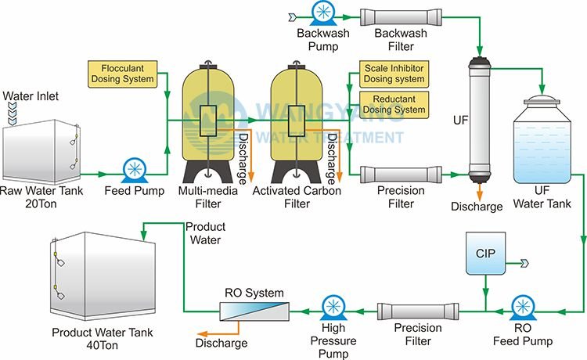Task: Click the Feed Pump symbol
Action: point(135,171)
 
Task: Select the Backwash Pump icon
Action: point(322,13)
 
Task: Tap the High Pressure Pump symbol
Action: point(333,308)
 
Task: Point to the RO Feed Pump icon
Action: point(523,308)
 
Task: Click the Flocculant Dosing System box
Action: point(122,74)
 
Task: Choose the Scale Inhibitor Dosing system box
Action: point(394,74)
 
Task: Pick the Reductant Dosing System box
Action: point(394,105)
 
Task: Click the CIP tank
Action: point(485,254)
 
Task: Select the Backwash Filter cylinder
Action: point(401,17)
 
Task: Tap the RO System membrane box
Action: point(254,311)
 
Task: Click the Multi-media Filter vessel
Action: point(208,124)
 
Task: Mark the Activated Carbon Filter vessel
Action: point(297,124)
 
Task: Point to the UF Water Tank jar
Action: point(542,139)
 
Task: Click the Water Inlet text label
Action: point(31,96)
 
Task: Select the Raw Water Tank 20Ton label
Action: point(41,197)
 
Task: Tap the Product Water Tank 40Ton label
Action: point(103,338)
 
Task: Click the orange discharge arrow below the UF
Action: point(480,190)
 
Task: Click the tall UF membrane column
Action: point(480,120)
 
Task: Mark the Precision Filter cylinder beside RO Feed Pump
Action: point(418,311)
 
